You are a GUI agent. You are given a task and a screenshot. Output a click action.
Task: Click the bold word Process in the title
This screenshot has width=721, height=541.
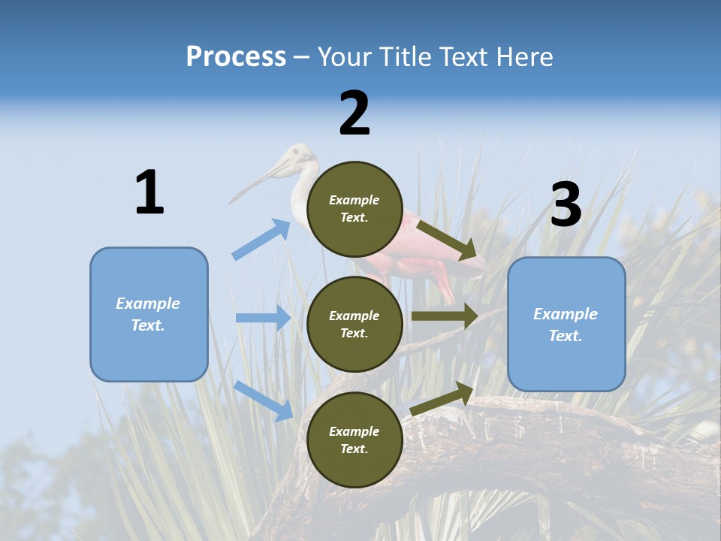click(x=236, y=57)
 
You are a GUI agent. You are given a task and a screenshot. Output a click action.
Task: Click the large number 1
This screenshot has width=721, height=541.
click(x=149, y=192)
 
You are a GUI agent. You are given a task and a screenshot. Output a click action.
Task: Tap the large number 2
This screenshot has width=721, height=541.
click(x=354, y=113)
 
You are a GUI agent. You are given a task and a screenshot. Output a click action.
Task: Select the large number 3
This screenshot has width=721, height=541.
click(x=566, y=204)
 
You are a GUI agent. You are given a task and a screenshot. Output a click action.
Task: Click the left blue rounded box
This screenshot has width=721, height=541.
click(x=149, y=314)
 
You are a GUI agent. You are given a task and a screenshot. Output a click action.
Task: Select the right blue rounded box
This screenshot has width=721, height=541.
click(x=566, y=324)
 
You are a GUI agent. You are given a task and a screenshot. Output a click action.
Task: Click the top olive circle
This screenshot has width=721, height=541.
click(x=354, y=209)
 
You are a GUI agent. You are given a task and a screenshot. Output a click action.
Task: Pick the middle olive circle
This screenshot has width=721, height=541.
click(x=354, y=324)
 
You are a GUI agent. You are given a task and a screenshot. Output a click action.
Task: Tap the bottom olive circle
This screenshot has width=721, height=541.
click(x=354, y=440)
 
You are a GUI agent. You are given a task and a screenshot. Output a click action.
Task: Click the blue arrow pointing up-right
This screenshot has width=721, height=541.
click(x=261, y=239)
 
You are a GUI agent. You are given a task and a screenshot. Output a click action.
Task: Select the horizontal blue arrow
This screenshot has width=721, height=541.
click(x=263, y=318)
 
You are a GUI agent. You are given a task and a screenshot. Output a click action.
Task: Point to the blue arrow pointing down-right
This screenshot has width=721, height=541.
click(x=263, y=400)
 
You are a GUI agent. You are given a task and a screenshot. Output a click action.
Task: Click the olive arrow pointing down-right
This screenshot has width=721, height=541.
click(x=448, y=240)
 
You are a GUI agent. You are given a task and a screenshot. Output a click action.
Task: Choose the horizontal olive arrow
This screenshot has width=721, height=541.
click(x=445, y=316)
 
